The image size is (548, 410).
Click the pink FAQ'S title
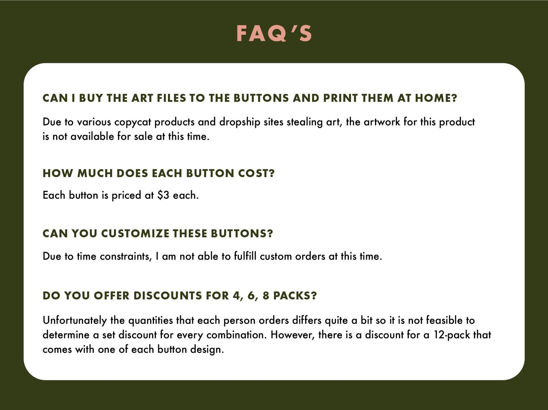pyautogui.click(x=274, y=33)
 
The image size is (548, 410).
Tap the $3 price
pyautogui.click(x=163, y=195)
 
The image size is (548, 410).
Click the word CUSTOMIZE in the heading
pyautogui.click(x=135, y=233)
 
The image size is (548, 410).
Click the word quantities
pyautogui.click(x=151, y=321)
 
